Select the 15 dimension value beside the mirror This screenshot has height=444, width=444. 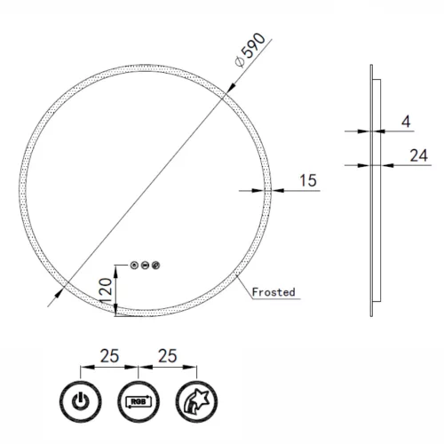(307, 180)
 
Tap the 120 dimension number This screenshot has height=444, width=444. (106, 287)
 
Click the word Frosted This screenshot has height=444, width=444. (274, 291)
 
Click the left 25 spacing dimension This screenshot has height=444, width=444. (109, 355)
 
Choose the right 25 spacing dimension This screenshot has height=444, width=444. (165, 355)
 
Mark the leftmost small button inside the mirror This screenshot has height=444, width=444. (133, 263)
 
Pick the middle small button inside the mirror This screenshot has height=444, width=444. (145, 263)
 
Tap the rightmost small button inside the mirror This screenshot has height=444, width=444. (156, 263)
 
